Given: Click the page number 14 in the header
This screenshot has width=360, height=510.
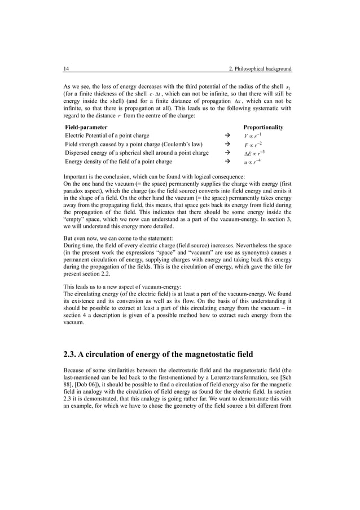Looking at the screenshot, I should tap(65, 69).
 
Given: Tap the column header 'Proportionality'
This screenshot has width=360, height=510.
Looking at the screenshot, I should tap(263, 127).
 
